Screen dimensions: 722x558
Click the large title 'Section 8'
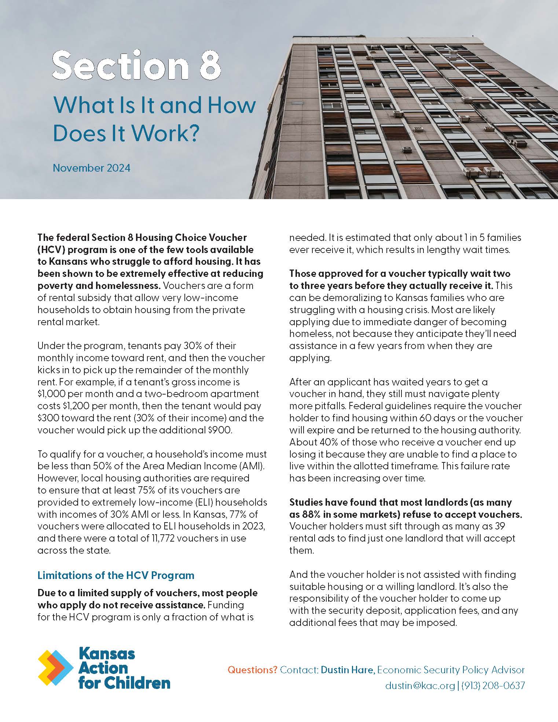[x=137, y=65]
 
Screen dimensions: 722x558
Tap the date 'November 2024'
[x=91, y=168]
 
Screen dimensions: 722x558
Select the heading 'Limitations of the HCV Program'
[x=116, y=575]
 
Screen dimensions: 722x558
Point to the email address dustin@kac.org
[x=420, y=685]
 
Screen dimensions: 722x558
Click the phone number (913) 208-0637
[x=493, y=685]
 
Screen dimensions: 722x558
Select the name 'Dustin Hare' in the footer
[x=348, y=670]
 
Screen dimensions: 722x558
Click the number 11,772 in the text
[x=158, y=538]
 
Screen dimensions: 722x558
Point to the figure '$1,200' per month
[x=51, y=406]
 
